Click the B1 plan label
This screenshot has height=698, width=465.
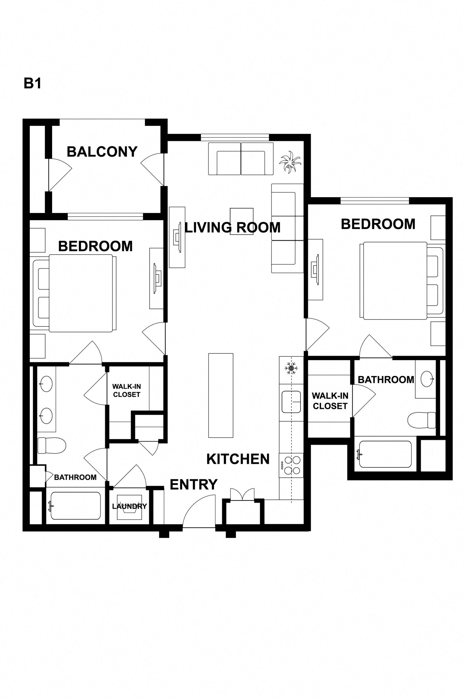coord(32,84)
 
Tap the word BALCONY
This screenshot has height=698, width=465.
coord(102,152)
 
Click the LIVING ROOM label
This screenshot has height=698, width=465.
coord(232,228)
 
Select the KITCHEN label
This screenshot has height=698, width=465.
coord(238,459)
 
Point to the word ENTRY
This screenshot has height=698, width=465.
coord(194,485)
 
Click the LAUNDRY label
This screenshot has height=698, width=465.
coord(129,506)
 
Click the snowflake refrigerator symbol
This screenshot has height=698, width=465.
coord(291,368)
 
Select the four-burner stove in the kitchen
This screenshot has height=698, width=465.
coord(292,465)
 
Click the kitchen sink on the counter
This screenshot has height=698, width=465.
coord(291,402)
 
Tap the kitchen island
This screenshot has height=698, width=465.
coord(221,395)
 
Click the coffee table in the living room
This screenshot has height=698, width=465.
coord(242,221)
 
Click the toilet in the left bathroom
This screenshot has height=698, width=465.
coord(51,446)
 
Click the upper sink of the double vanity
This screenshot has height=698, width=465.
coord(46,384)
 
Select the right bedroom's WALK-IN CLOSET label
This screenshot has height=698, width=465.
coord(330,401)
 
